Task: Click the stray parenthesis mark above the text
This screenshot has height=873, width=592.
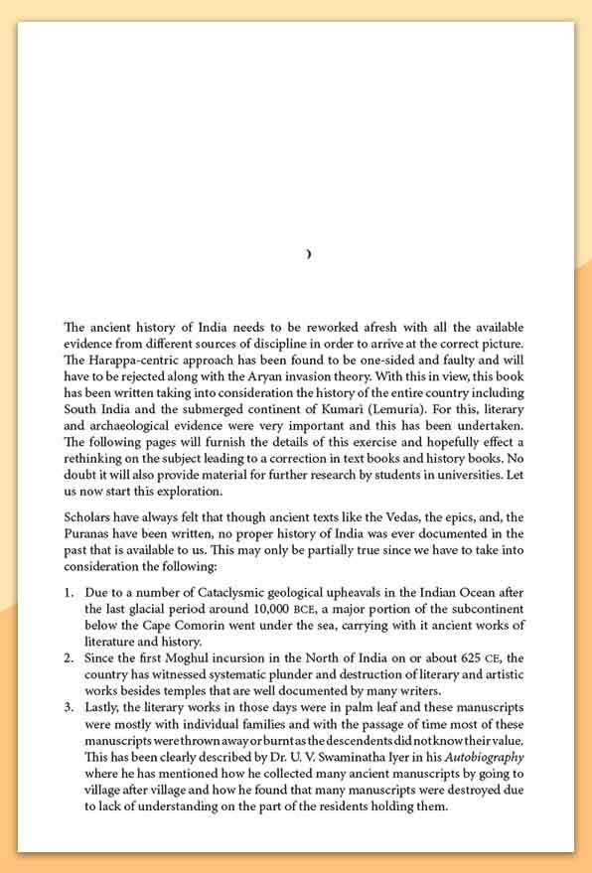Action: (309, 255)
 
